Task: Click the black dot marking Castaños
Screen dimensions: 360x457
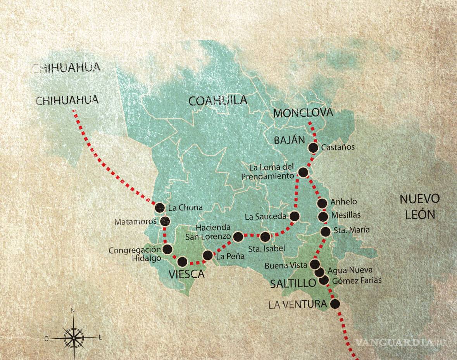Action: [313, 147]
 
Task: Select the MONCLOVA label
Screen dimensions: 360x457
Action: [303, 113]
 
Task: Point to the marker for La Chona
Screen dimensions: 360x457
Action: [159, 208]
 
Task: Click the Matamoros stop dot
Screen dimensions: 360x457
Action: [165, 221]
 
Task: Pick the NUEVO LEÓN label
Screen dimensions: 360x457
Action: [420, 207]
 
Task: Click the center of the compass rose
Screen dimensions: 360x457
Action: [73, 337]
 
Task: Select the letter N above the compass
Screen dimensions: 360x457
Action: [73, 310]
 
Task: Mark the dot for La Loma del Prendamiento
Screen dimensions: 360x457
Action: [304, 172]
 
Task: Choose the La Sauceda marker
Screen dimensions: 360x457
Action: [295, 216]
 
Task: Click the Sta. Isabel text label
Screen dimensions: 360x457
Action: [267, 248]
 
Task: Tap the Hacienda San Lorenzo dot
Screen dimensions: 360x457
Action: [238, 236]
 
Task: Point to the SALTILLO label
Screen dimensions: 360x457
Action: [293, 283]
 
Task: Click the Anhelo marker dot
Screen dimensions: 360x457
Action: [322, 203]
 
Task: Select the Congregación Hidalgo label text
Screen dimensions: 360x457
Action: [134, 255]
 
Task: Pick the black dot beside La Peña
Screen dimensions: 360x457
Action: [208, 255]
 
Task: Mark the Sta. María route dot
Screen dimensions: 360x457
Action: [326, 231]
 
